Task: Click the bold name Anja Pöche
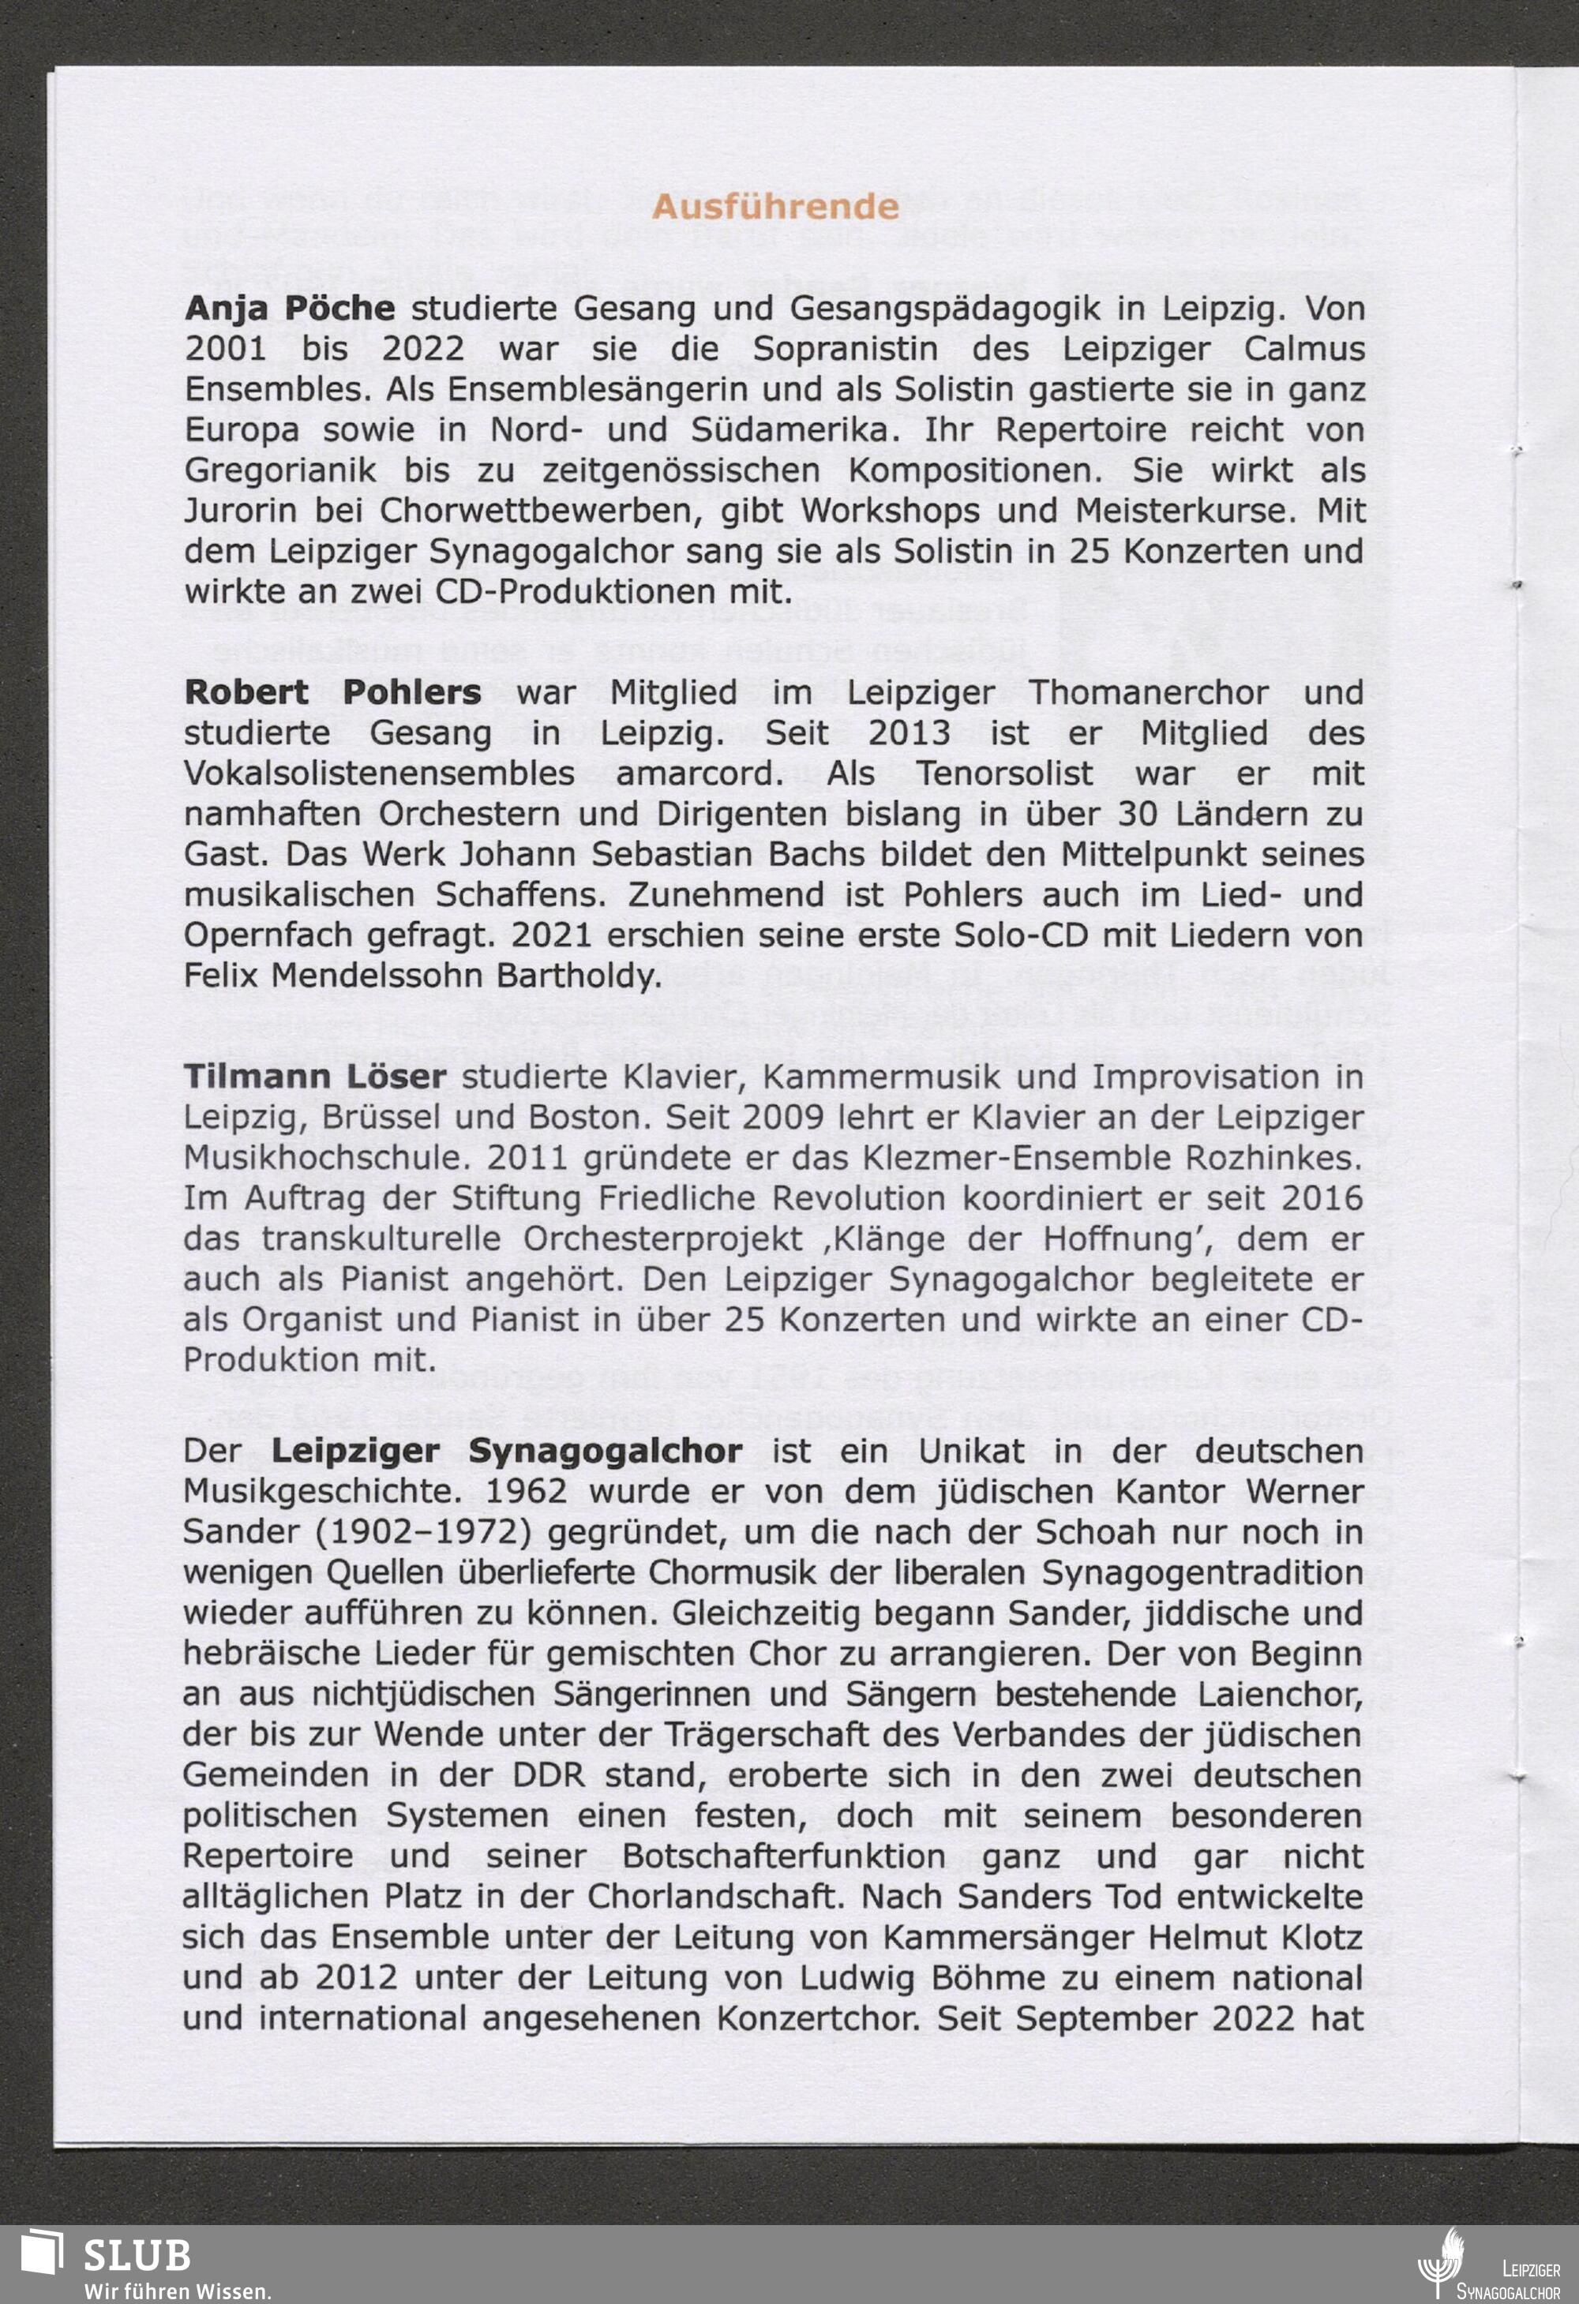click(x=290, y=309)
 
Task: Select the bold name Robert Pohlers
click(x=332, y=692)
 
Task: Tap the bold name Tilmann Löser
click(x=314, y=1076)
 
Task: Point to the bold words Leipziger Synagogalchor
click(x=506, y=1451)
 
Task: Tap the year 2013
click(x=909, y=732)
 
